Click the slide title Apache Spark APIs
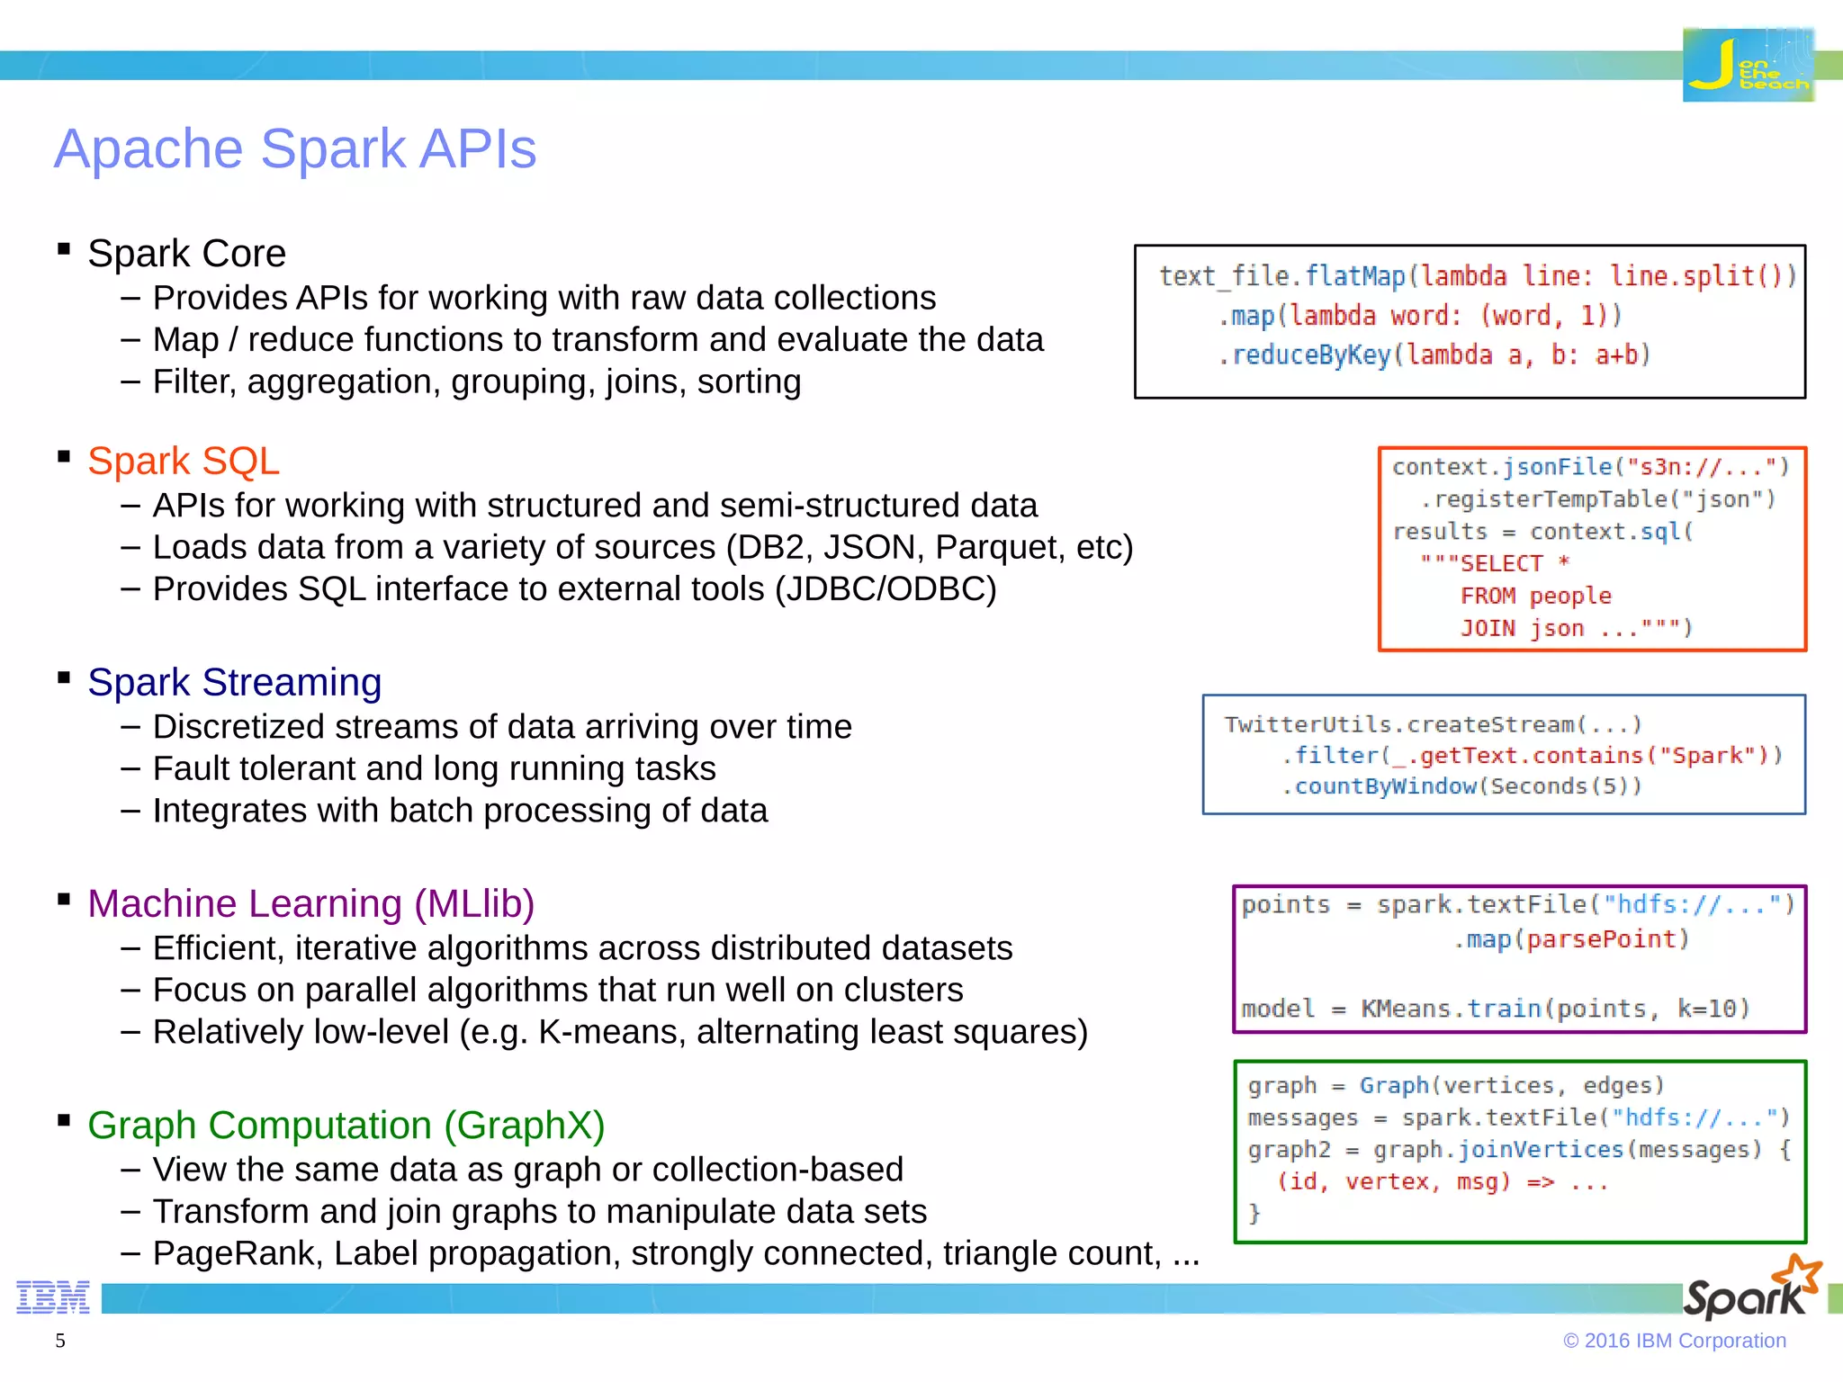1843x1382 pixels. click(x=295, y=148)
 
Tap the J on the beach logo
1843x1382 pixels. click(x=1748, y=65)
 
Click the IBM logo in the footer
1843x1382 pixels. click(x=53, y=1297)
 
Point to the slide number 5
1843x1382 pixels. click(x=60, y=1341)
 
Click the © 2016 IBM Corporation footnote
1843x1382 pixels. click(x=1674, y=1341)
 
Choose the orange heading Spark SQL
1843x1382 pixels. click(x=184, y=461)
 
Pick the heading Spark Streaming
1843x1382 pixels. click(x=234, y=682)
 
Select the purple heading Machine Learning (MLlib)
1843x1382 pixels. click(x=310, y=903)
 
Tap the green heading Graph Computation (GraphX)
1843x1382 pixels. click(x=346, y=1125)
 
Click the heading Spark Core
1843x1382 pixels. click(x=186, y=254)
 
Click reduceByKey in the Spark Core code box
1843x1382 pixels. click(x=1310, y=355)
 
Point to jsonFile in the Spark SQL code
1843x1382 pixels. click(x=1558, y=467)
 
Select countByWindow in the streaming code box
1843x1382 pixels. click(x=1385, y=786)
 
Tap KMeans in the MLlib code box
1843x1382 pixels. click(x=1405, y=1009)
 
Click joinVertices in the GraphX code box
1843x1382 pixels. click(x=1540, y=1150)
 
